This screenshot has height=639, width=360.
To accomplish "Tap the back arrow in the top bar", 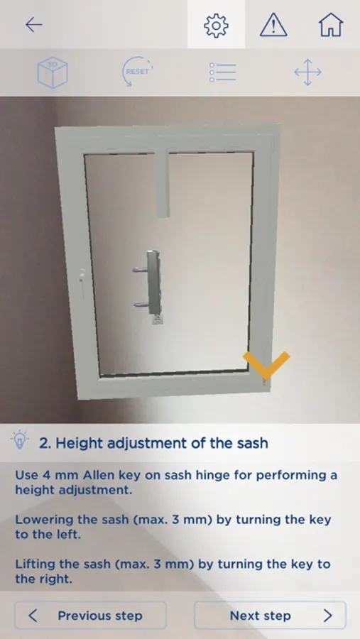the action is pos(34,25).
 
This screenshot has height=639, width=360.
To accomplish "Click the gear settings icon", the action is pos(216,26).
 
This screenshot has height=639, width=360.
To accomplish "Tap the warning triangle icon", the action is pos(273,26).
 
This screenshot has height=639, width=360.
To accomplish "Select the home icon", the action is pos(331,25).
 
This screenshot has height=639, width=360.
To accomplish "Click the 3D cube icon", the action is pos(53,72).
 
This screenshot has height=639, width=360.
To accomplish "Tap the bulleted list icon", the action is pos(222,72).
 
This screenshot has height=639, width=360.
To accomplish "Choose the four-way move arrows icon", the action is pos(308,72).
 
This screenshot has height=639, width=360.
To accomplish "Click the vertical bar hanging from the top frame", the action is pos(163,183).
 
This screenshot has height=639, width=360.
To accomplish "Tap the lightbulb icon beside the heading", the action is pos(20,439).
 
